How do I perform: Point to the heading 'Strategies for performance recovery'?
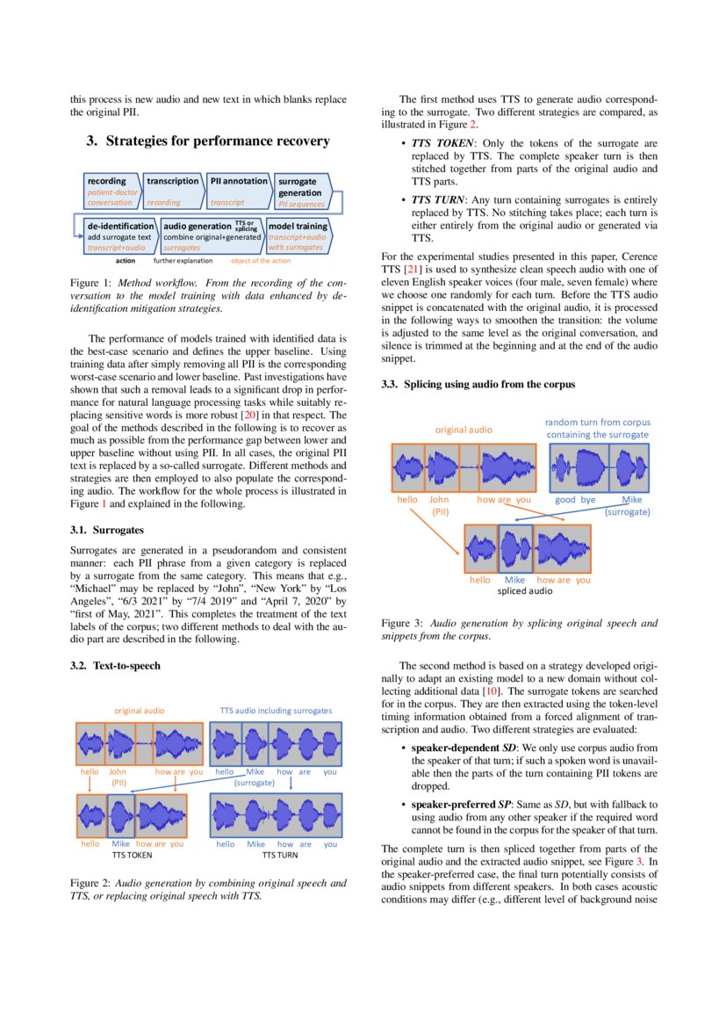click(208, 141)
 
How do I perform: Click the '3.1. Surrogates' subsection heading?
click(107, 531)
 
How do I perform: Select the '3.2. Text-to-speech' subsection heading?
click(115, 666)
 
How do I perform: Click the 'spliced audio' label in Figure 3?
click(525, 591)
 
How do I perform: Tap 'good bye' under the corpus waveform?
click(575, 499)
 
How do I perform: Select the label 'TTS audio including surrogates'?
click(276, 709)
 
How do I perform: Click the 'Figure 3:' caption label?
click(401, 623)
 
